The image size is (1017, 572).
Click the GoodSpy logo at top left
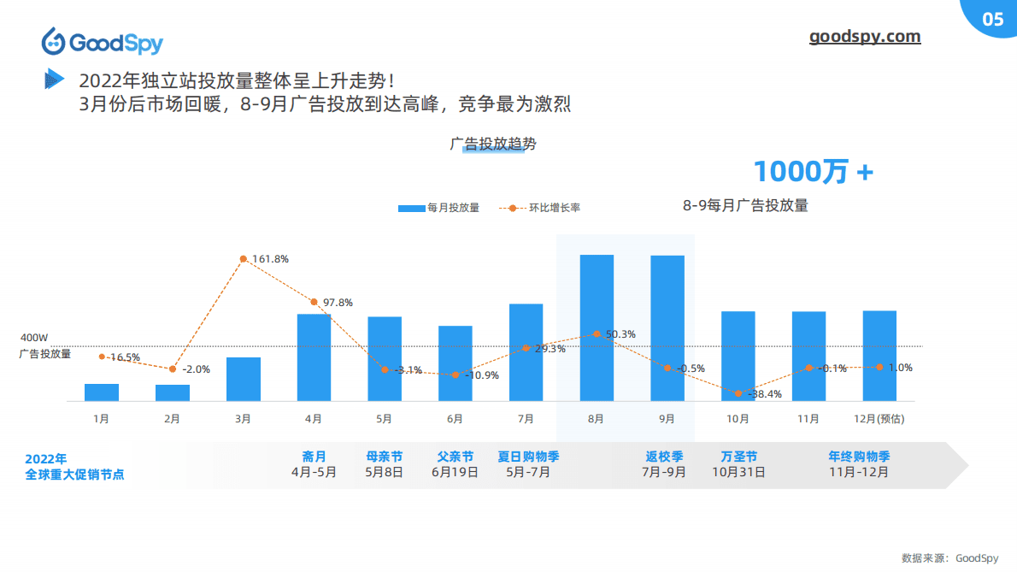point(102,41)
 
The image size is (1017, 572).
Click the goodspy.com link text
point(865,37)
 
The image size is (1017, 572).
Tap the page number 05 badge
point(992,20)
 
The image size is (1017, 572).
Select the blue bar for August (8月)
point(597,327)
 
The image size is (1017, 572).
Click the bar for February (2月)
point(173,392)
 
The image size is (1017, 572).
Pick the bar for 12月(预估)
point(879,356)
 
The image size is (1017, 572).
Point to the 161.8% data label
point(270,258)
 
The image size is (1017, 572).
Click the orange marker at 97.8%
point(314,302)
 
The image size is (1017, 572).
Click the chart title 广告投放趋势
point(493,144)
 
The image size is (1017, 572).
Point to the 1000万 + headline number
point(813,171)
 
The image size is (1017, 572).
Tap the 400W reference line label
point(34,338)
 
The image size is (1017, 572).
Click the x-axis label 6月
point(455,419)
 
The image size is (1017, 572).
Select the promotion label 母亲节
point(384,457)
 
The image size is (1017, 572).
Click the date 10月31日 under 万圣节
point(738,471)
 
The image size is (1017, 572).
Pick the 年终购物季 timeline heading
point(859,457)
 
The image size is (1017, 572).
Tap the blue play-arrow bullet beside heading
point(54,80)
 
